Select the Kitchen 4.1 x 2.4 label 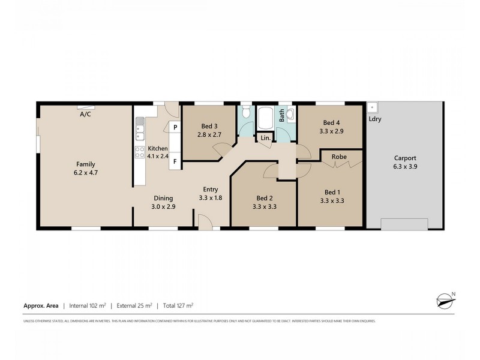pyautogui.click(x=158, y=152)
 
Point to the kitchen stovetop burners pyautogui.click(x=139, y=152)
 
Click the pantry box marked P pyautogui.click(x=175, y=127)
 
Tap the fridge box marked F pyautogui.click(x=175, y=161)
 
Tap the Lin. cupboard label pyautogui.click(x=265, y=138)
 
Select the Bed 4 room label pyautogui.click(x=331, y=126)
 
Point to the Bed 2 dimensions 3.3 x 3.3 pyautogui.click(x=265, y=206)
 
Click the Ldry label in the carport pyautogui.click(x=376, y=119)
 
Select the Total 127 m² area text pyautogui.click(x=180, y=305)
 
